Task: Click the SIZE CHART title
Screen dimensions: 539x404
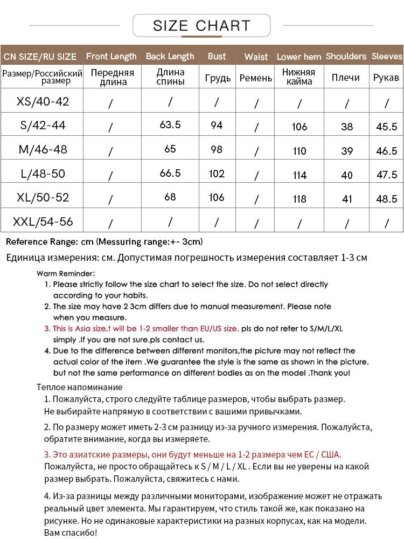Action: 201,25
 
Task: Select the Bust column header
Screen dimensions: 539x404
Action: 217,56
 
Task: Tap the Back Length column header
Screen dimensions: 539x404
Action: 170,56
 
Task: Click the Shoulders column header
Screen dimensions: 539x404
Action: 346,56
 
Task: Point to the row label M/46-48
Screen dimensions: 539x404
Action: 43,149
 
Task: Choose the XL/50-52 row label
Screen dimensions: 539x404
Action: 43,197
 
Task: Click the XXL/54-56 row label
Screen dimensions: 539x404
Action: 43,222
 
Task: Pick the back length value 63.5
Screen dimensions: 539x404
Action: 170,125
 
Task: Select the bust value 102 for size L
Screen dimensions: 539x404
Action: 217,174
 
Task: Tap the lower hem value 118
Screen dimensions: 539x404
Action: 299,199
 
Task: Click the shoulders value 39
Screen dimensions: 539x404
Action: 347,151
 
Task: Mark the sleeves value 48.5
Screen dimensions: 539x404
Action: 387,199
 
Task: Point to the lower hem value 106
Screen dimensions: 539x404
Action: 299,127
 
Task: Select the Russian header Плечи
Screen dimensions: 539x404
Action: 346,78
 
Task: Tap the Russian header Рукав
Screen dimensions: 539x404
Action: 387,78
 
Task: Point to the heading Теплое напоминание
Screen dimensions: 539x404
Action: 80,387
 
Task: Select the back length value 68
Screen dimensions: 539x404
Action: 170,197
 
